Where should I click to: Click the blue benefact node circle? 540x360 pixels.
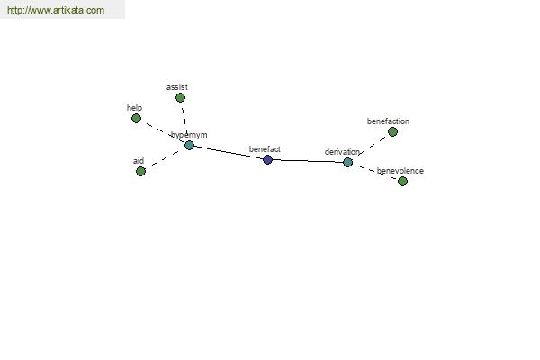coord(267,159)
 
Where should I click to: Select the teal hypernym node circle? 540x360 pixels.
coord(189,146)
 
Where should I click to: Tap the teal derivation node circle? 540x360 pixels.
coord(347,162)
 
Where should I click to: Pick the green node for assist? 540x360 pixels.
coord(180,98)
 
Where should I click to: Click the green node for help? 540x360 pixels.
coord(137,119)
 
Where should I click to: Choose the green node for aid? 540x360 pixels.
coord(140,171)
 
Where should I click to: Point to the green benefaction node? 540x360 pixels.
coord(392,131)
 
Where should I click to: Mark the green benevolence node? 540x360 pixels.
coord(402,181)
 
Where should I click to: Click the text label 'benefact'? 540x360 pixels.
coord(265,149)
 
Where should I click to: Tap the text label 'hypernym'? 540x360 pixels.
coord(189,135)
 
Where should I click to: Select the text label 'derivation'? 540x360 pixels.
coord(342,152)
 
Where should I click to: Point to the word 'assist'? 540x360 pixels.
coord(177,87)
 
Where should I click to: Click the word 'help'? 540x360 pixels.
coord(134,108)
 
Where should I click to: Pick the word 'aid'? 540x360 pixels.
coord(139,161)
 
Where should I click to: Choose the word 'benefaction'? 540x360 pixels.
coord(388,121)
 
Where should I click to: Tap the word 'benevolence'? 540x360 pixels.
coord(400,171)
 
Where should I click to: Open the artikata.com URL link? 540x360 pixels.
coord(56,10)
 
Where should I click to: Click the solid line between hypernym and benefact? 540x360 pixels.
coord(229,153)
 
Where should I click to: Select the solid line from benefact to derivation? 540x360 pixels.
coord(308,161)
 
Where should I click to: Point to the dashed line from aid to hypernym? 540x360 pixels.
coord(165,158)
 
